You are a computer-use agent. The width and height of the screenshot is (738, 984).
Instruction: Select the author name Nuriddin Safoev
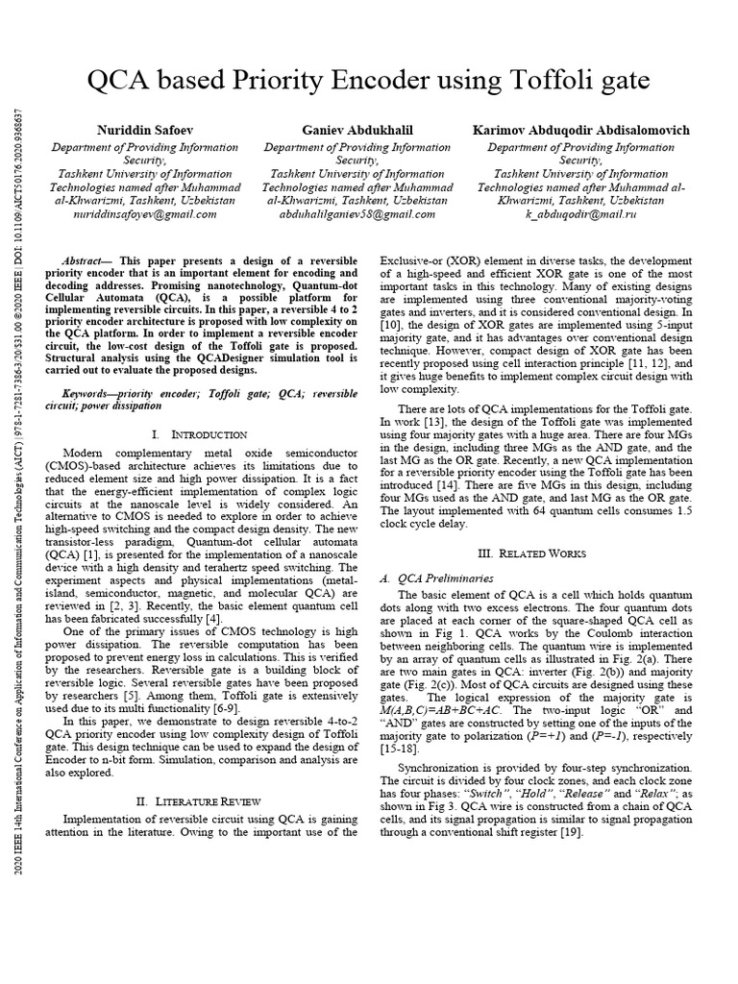pyautogui.click(x=144, y=130)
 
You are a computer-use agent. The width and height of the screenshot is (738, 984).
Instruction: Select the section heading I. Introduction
pyautogui.click(x=207, y=435)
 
